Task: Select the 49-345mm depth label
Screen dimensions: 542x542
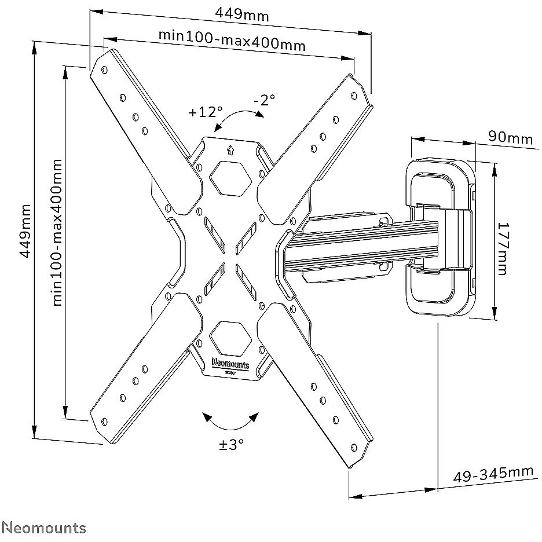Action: (493, 474)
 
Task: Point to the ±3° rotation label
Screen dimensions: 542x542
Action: (231, 444)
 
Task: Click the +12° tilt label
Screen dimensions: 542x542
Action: (206, 112)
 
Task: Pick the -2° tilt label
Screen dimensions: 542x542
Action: (265, 100)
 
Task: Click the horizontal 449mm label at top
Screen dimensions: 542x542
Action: (242, 14)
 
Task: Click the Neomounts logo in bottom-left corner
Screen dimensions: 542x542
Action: (43, 528)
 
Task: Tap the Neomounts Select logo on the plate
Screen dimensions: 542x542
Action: (230, 366)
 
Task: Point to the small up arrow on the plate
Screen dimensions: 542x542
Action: (230, 151)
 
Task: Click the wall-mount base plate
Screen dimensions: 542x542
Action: (441, 238)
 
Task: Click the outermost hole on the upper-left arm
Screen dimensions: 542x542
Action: (104, 70)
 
